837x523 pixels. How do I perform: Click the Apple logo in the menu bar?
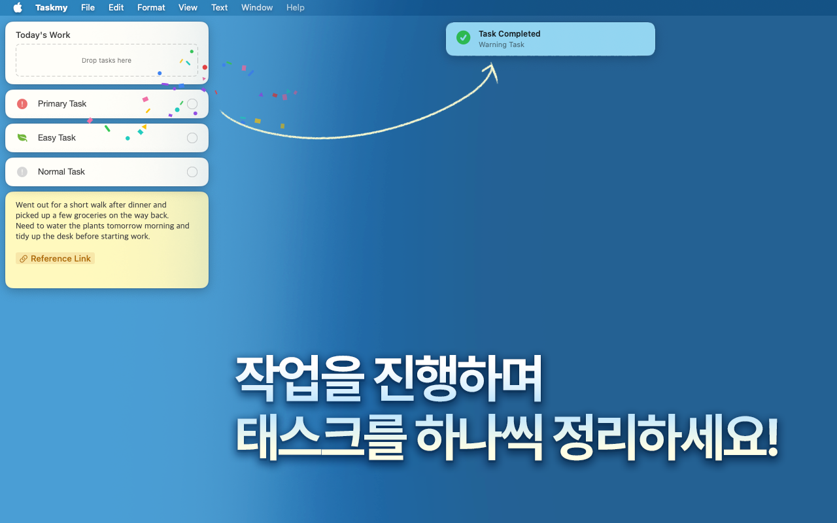click(18, 8)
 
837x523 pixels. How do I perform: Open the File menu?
click(88, 8)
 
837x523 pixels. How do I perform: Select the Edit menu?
click(116, 8)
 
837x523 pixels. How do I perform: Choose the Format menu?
click(151, 8)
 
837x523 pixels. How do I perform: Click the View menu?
click(188, 8)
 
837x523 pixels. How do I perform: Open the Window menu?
click(257, 8)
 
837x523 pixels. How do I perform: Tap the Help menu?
click(296, 8)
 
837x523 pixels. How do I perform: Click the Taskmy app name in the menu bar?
click(52, 8)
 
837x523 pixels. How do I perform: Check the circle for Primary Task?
click(192, 104)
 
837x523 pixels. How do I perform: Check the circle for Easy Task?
click(192, 138)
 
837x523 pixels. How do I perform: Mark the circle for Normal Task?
click(192, 172)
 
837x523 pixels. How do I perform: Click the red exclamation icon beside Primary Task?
click(22, 104)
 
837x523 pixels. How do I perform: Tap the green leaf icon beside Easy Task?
click(22, 138)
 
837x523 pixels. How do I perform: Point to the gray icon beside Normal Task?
click(22, 172)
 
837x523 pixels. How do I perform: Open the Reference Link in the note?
click(56, 259)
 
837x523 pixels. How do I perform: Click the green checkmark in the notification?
click(463, 38)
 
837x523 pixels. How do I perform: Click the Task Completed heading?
click(509, 34)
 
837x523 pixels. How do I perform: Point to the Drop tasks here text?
click(107, 61)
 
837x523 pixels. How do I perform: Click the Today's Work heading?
click(43, 35)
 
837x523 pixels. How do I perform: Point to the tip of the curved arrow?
click(492, 64)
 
